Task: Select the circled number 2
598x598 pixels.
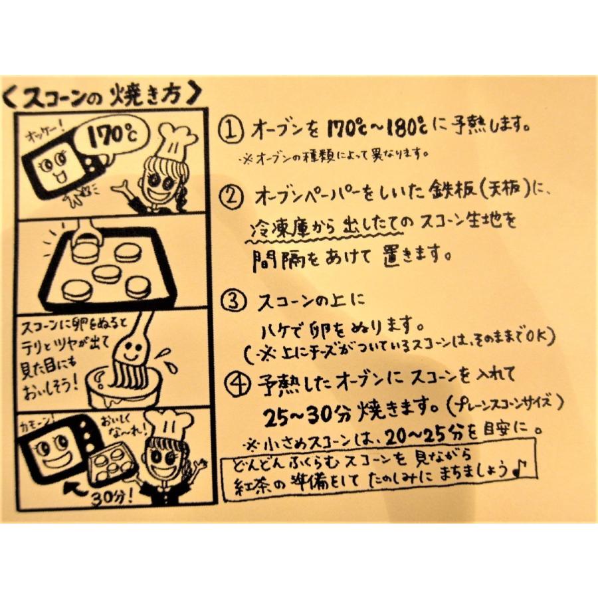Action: click(x=231, y=197)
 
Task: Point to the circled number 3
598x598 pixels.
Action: click(x=231, y=301)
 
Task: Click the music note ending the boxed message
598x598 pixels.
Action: click(x=522, y=469)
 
